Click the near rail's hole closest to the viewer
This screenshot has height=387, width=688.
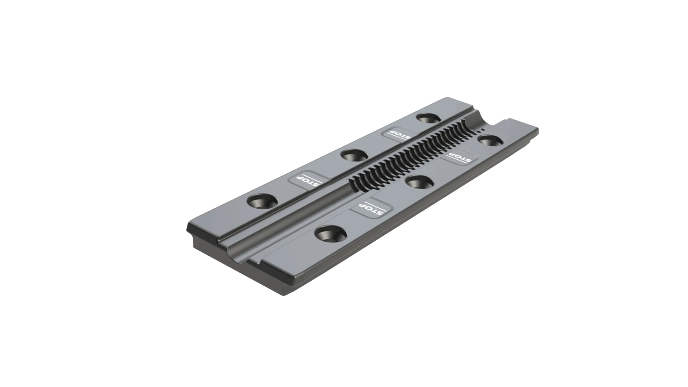tap(328, 233)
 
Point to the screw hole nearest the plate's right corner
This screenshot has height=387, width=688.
tap(488, 139)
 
